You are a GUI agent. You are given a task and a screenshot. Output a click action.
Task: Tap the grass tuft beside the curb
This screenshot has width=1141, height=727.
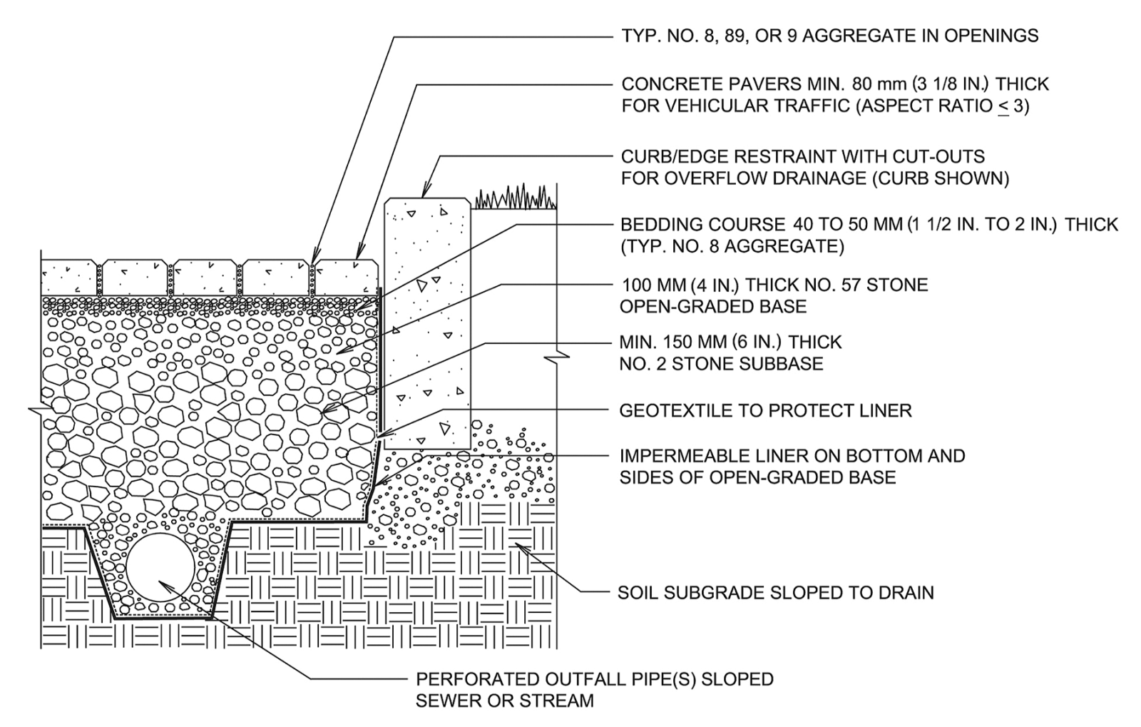514,197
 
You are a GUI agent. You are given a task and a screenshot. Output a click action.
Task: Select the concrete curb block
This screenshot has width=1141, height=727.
427,321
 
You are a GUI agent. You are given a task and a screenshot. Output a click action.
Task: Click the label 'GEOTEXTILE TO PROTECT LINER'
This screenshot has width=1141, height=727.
766,411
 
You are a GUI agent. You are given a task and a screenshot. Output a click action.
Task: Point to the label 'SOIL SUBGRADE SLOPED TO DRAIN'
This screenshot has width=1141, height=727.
775,593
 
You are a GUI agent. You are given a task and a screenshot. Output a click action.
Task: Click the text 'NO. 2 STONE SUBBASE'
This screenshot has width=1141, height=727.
721,364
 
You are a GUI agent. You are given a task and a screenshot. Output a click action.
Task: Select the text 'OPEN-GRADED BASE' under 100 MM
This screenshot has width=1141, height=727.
713,307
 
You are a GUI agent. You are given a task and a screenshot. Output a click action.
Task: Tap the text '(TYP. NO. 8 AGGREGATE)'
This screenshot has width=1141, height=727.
732,247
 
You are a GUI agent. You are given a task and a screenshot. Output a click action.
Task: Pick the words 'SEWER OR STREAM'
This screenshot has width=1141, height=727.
504,701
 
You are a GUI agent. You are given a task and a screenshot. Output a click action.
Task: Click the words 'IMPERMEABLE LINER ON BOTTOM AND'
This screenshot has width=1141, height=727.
792,456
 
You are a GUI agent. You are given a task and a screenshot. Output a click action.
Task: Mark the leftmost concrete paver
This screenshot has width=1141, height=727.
69,276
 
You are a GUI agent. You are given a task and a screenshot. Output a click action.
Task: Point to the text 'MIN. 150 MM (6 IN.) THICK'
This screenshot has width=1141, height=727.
730,342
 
